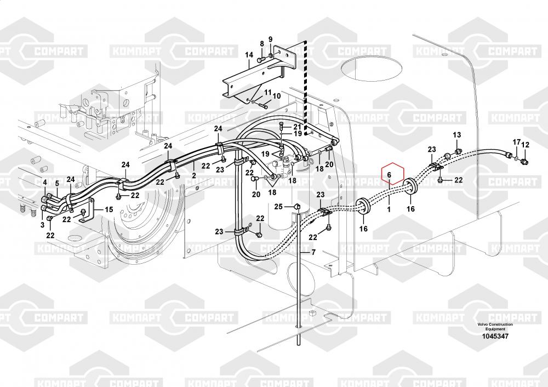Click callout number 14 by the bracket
(249, 55)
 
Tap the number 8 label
(262, 44)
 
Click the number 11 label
(268, 92)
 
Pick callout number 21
(297, 127)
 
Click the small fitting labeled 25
(295, 206)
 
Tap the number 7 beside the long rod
(313, 253)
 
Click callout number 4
(45, 182)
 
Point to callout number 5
(56, 183)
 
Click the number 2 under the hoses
(193, 175)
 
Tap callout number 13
(456, 135)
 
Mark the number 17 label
(516, 143)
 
